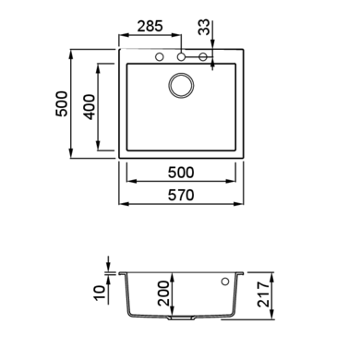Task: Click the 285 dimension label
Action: (x=150, y=26)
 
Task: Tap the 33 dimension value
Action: (x=204, y=27)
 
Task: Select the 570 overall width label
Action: (x=181, y=195)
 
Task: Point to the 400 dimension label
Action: (x=90, y=107)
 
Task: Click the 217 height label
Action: (x=264, y=294)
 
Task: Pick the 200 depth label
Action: (x=163, y=294)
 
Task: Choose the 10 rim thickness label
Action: (x=99, y=293)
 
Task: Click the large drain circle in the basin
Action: (x=181, y=86)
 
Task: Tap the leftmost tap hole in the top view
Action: (x=160, y=56)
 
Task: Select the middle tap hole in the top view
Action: (x=181, y=56)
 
